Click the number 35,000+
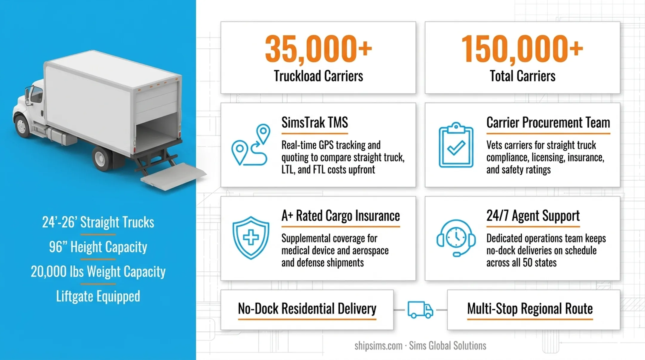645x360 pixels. point(318,49)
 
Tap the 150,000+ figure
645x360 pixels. point(522,49)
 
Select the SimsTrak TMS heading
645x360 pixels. point(315,122)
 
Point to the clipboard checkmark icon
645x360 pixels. point(456,145)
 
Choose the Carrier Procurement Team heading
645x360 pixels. point(548,122)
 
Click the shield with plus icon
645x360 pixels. point(251,238)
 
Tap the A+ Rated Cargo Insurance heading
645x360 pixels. point(340,216)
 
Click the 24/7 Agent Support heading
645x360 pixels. point(533,216)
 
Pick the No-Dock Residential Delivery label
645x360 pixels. point(307,309)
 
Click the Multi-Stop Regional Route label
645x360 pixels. point(530,309)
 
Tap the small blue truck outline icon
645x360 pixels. point(420,310)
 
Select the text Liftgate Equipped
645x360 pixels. point(98,296)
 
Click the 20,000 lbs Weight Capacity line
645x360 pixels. point(98,272)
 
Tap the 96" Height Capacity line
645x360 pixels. point(98,247)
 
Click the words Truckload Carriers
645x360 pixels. point(318,76)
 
